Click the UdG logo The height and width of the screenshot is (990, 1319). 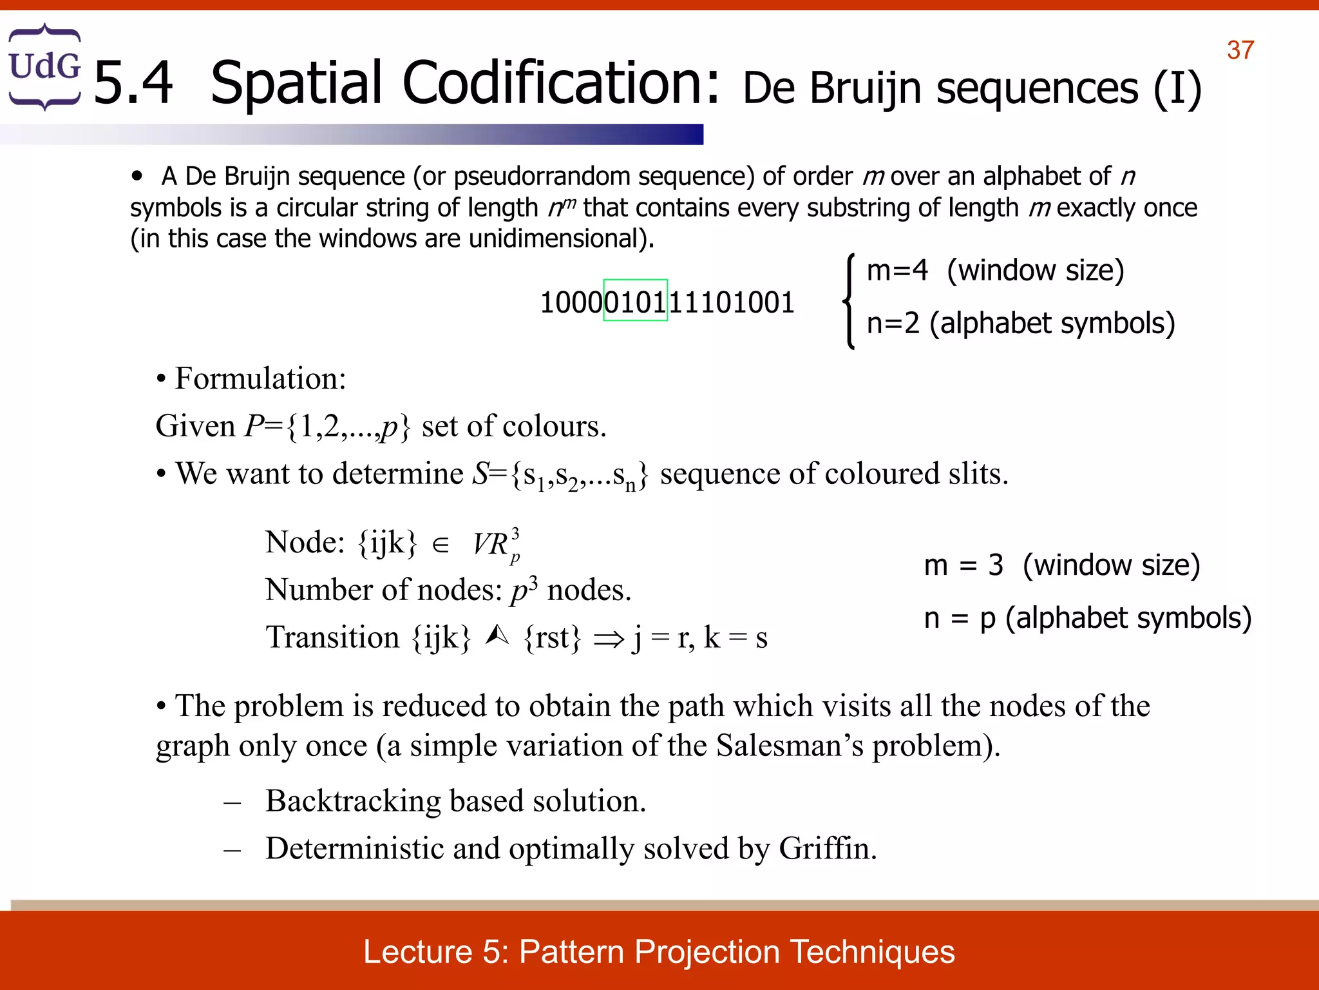[44, 67]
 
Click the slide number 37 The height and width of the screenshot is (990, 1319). [1240, 50]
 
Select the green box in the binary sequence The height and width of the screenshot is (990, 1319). [635, 300]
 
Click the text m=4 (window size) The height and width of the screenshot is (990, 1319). [995, 271]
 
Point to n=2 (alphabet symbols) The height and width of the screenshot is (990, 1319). [1020, 323]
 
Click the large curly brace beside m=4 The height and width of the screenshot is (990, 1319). [849, 300]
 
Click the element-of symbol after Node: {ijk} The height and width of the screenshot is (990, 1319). [441, 545]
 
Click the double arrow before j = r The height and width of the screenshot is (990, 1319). [609, 639]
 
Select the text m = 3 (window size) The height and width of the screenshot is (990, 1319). [1061, 565]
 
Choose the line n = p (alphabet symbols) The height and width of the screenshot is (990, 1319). [1087, 618]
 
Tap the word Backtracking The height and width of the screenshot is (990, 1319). [353, 801]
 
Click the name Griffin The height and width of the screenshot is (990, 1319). [827, 848]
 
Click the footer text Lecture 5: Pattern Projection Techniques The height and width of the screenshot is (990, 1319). [659, 951]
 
